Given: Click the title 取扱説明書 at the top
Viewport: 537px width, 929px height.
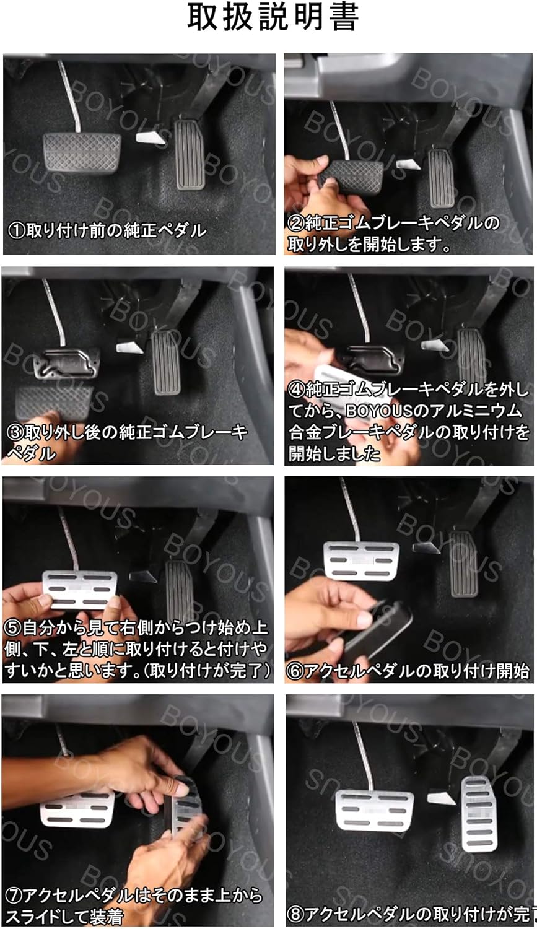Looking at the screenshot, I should pos(272,19).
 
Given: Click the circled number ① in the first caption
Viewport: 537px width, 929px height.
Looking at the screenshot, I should pos(15,231).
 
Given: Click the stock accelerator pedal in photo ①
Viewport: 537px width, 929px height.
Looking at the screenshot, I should pos(190,155).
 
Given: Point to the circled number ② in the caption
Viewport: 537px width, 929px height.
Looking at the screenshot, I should pos(295,223).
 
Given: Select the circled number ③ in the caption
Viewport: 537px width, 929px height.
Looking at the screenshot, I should pos(14,432).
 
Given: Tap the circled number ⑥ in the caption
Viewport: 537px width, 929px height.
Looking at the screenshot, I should pos(295,671).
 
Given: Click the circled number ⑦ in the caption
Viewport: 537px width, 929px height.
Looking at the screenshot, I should pos(13,896).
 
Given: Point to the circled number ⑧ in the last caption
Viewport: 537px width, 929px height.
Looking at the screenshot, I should pos(295,914).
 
